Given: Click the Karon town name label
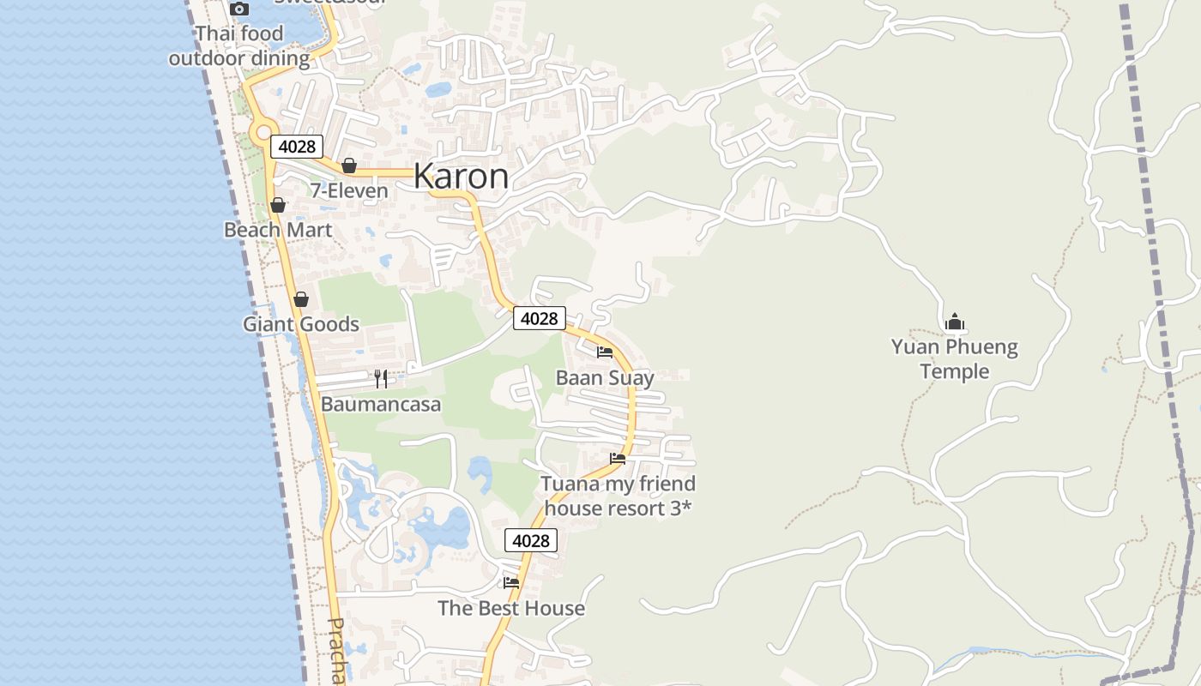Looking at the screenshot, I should click(x=461, y=177).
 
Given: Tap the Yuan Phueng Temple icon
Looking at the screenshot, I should click(x=955, y=322).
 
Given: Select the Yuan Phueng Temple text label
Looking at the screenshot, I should click(x=954, y=359).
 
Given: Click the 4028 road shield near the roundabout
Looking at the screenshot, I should click(x=297, y=147).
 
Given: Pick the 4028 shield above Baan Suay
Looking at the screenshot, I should click(x=540, y=318).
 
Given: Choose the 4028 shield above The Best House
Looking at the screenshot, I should click(x=530, y=540).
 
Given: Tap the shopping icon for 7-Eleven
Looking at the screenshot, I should click(x=349, y=165).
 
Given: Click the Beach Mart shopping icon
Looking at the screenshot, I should click(x=278, y=205).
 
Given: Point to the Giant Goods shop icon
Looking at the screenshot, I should click(x=301, y=299).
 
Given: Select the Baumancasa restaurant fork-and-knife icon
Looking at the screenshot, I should click(x=381, y=378).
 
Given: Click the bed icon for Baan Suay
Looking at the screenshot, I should click(x=605, y=352).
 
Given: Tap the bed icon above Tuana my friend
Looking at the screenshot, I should click(x=618, y=458).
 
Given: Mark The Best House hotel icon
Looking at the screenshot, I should click(x=511, y=582).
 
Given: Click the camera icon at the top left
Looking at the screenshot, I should click(x=239, y=9).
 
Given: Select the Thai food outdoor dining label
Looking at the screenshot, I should click(x=239, y=46).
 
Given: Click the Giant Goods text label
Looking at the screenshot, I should click(x=301, y=324).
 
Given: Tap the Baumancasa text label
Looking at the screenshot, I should click(x=381, y=404).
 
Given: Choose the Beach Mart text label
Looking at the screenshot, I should click(x=278, y=230).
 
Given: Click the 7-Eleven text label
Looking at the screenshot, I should click(x=349, y=190).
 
